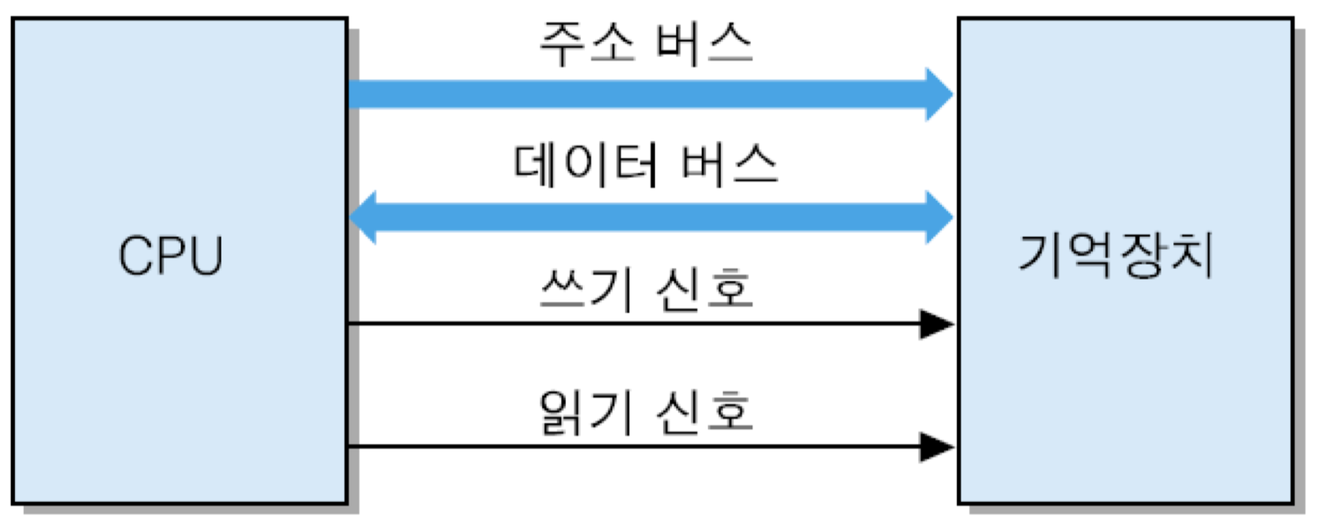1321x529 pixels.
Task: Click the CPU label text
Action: (171, 256)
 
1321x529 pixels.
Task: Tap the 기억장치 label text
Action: (1116, 255)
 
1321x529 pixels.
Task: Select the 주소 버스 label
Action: (646, 44)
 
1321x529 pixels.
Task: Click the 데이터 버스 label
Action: (646, 165)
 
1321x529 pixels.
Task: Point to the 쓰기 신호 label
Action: (646, 289)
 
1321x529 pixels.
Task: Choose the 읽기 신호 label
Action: (646, 412)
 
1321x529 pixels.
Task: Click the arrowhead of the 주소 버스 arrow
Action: (939, 94)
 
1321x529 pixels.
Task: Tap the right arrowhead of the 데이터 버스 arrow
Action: (939, 217)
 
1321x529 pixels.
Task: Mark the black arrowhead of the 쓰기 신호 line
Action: (937, 324)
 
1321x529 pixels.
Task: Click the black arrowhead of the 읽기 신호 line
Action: (937, 447)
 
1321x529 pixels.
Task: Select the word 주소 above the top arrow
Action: (587, 44)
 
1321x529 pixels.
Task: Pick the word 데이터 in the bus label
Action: (585, 165)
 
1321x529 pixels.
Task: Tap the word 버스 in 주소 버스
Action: (704, 44)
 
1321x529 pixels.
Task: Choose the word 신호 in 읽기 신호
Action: (704, 412)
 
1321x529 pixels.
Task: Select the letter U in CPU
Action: (205, 256)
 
